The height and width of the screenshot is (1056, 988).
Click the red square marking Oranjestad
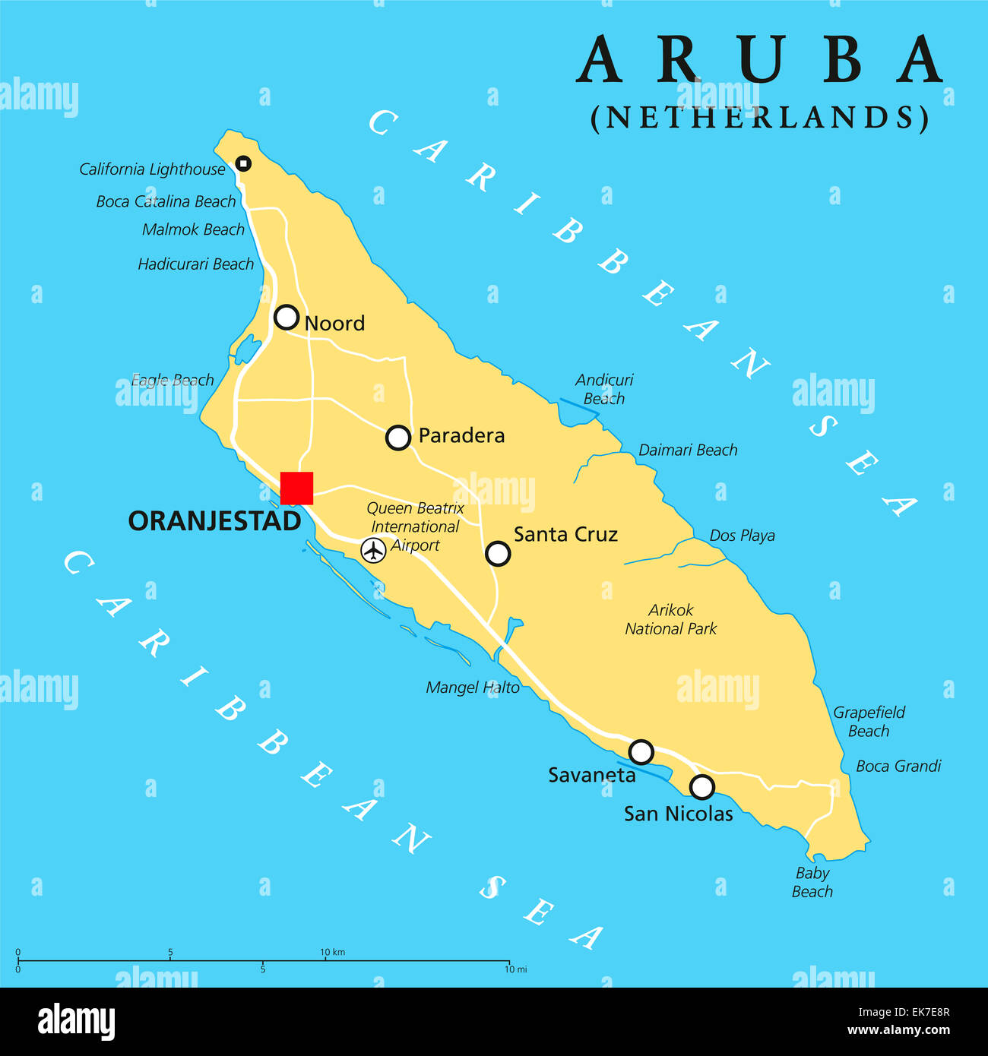point(296,488)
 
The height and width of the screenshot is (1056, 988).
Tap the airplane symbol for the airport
point(373,549)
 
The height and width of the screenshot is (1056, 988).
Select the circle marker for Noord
point(287,317)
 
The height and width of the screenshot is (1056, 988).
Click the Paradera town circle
point(398,438)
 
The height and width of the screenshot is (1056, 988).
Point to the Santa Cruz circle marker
point(498,554)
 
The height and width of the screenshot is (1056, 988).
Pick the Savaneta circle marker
point(641,752)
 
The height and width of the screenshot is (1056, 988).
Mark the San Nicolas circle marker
point(701,787)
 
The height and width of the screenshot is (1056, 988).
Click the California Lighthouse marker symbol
point(243,163)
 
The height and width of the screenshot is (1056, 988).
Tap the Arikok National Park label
point(670,619)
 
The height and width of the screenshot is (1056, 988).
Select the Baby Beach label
point(812,883)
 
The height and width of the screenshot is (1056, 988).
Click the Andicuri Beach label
point(603,389)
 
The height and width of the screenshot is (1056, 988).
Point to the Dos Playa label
point(742,536)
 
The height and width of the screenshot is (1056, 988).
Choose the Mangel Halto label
point(472,688)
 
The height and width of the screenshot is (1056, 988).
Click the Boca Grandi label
point(898,766)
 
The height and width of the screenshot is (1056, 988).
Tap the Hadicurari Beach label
point(195,264)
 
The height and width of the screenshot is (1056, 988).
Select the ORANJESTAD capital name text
point(214,521)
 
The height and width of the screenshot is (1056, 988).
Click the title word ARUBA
point(760,61)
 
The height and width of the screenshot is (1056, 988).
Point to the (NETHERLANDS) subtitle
point(760,118)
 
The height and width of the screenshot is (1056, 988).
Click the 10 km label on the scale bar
point(332,952)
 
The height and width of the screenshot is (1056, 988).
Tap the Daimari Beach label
point(688,451)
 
